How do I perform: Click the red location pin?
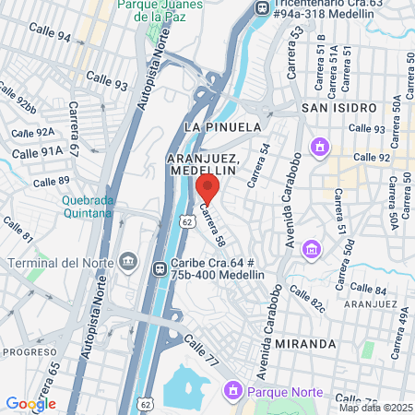(207, 189)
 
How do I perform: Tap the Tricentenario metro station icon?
(262, 8)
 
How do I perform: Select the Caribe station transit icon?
(159, 267)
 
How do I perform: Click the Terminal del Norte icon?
(127, 263)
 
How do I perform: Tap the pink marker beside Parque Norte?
(233, 393)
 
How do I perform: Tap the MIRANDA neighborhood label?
(305, 344)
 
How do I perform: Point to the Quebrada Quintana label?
(88, 207)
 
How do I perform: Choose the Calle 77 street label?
(201, 350)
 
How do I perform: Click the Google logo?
(30, 403)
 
